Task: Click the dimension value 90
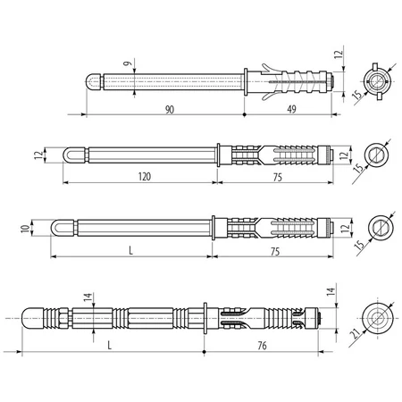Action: coord(170,110)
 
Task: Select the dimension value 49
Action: coord(291,109)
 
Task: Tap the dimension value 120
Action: coord(145,177)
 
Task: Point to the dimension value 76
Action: coord(262,346)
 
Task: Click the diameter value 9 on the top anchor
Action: coord(128,63)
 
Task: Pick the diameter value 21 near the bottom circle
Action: coord(356,334)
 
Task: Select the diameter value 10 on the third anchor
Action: coord(26,229)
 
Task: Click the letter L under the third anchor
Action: coord(130,251)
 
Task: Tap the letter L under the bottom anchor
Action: coord(110,346)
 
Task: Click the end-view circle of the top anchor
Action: coord(376,81)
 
